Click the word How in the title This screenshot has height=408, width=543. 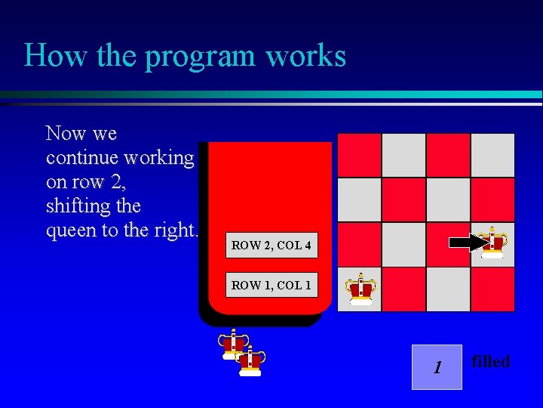47,56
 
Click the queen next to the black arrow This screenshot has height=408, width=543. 493,243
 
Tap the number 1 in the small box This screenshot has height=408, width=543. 436,368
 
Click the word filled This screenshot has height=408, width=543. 490,362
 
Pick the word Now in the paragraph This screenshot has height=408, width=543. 66,134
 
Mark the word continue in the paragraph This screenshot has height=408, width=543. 79,158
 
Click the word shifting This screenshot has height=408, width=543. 75,206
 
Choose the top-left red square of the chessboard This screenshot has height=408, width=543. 359,155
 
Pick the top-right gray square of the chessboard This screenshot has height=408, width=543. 492,155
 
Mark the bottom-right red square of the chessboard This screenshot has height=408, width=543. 492,289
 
